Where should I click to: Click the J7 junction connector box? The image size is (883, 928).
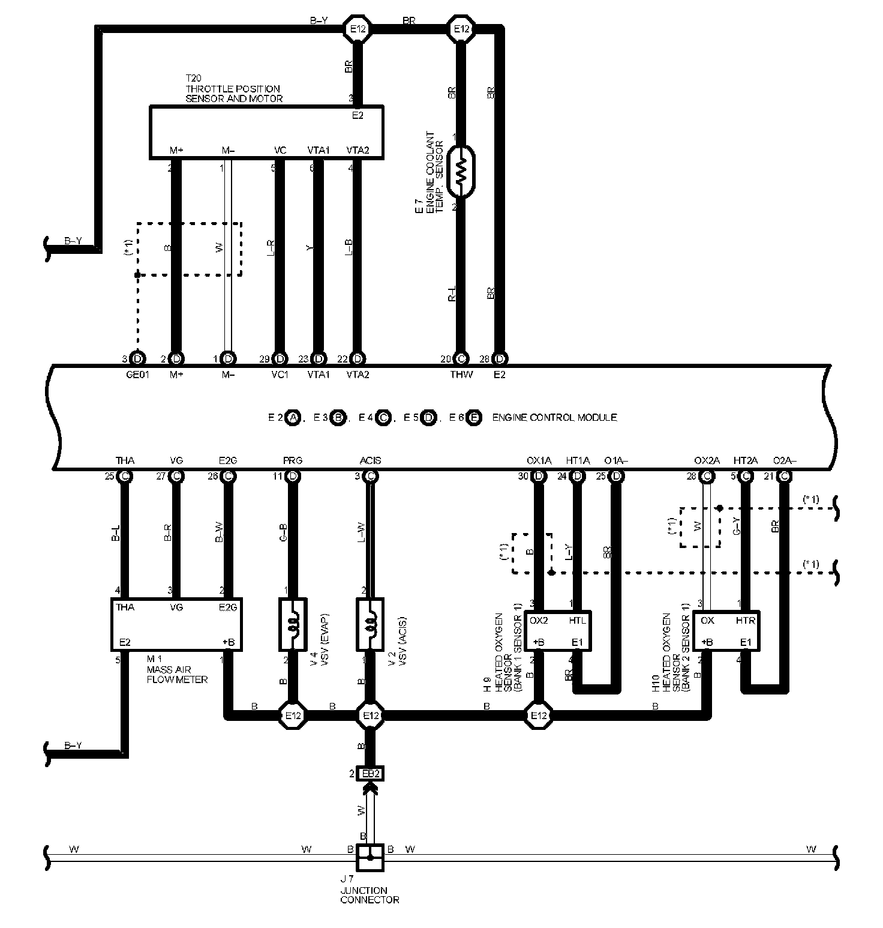pyautogui.click(x=370, y=858)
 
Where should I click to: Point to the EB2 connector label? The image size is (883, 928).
pyautogui.click(x=370, y=774)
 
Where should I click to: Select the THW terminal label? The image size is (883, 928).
pyautogui.click(x=461, y=375)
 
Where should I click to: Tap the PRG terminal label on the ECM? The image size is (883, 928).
pyautogui.click(x=293, y=461)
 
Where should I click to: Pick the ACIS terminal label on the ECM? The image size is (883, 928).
pyautogui.click(x=370, y=461)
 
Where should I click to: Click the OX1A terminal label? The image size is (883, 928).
pyautogui.click(x=539, y=461)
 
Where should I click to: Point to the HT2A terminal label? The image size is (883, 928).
pyautogui.click(x=746, y=461)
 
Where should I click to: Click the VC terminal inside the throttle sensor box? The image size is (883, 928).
pyautogui.click(x=280, y=151)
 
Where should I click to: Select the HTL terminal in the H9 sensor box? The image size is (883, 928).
pyautogui.click(x=577, y=621)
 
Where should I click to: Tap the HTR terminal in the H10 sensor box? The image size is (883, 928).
pyautogui.click(x=745, y=621)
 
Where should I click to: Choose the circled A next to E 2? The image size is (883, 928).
pyautogui.click(x=293, y=418)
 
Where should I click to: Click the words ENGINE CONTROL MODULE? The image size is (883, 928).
pyautogui.click(x=554, y=418)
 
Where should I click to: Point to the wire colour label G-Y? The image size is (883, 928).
pyautogui.click(x=737, y=526)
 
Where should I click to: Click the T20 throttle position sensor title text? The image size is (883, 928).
pyautogui.click(x=233, y=89)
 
